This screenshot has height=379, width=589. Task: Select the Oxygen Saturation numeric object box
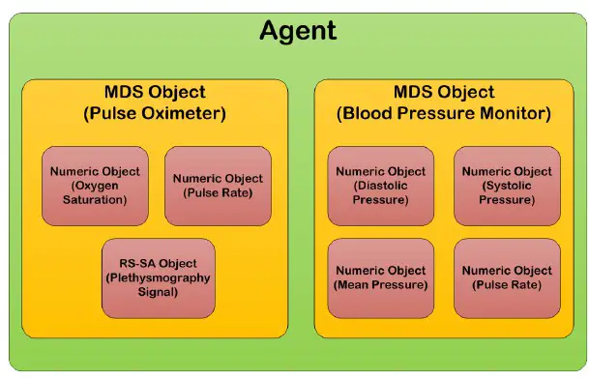pos(95,186)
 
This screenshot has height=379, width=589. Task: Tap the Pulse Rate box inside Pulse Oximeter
pos(218,186)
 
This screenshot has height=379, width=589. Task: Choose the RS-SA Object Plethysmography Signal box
pos(158,277)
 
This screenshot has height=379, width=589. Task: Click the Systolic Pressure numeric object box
pos(507,186)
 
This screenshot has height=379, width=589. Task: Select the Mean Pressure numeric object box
pos(380,277)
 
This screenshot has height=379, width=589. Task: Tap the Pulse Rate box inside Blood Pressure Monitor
pos(507,277)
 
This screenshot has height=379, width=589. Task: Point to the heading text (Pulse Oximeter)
pos(155,113)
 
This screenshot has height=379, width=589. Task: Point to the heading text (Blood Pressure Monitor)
pos(444,113)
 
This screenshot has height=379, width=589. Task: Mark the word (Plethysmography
pos(159,277)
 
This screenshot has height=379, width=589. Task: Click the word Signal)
pos(159,292)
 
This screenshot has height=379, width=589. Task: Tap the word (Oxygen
pos(96,186)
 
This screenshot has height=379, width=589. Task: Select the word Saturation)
pos(96,200)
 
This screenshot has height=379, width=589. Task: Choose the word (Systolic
pos(507,186)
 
